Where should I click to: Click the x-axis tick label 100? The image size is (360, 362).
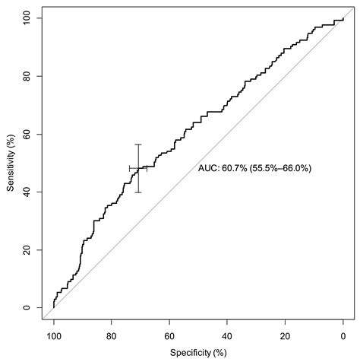coord(54,335)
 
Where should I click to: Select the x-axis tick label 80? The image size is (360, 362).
coord(112,335)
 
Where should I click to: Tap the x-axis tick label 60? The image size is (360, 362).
coord(169,335)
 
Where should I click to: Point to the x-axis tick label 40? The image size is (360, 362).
coord(227,335)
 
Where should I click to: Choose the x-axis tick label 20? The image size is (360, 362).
coord(285,335)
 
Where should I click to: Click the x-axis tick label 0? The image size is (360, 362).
coord(343,335)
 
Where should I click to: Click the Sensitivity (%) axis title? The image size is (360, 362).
coord(10,164)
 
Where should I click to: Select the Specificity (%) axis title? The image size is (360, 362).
coord(198,352)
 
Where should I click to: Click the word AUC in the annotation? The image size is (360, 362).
coord(208,168)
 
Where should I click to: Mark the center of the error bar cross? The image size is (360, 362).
coord(138,168)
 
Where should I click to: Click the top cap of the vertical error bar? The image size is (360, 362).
coord(138,144)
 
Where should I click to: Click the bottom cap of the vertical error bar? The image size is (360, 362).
coord(138,192)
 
